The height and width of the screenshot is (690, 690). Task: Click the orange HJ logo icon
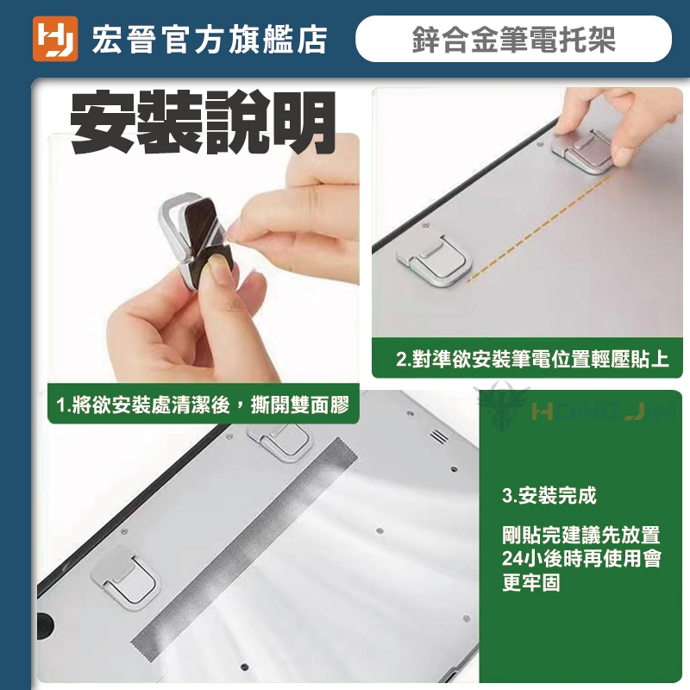pos(55,39)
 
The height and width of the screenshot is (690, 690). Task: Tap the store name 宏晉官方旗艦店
pos(210,40)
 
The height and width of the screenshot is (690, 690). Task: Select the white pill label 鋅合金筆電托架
pos(513,39)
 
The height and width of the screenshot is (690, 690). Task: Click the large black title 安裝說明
pos(204,122)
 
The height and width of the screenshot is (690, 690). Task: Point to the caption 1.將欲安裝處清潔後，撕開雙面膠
pos(203,405)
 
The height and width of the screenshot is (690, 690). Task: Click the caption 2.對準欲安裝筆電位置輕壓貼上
pos(532,359)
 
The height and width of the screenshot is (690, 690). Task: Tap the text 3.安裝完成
pos(549,495)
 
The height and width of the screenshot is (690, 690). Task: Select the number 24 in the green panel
pos(512,558)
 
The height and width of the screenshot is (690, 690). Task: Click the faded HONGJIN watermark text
pos(603,412)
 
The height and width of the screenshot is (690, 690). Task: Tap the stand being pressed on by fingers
pos(581,151)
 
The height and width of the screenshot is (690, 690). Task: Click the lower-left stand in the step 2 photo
pos(434,260)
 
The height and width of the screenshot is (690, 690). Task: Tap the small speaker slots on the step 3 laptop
pos(439,436)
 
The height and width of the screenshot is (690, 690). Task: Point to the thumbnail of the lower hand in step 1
pos(217,267)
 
